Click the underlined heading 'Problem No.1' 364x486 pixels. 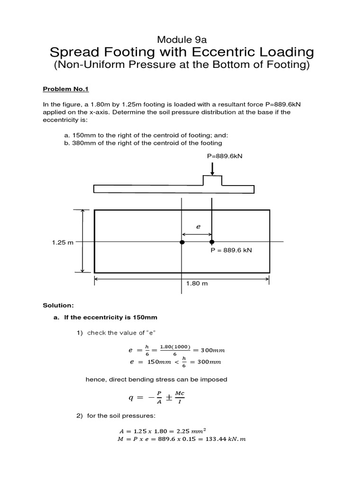point(64,89)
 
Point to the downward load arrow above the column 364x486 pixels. point(212,168)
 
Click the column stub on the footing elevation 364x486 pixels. point(212,180)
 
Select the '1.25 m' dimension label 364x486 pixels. point(63,243)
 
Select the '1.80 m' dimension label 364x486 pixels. point(198,283)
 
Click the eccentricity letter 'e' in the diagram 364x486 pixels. point(199,227)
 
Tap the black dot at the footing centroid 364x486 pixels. point(182,242)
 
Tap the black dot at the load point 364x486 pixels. point(212,242)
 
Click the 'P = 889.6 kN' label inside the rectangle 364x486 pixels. point(231,250)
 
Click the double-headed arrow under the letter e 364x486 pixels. point(197,234)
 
